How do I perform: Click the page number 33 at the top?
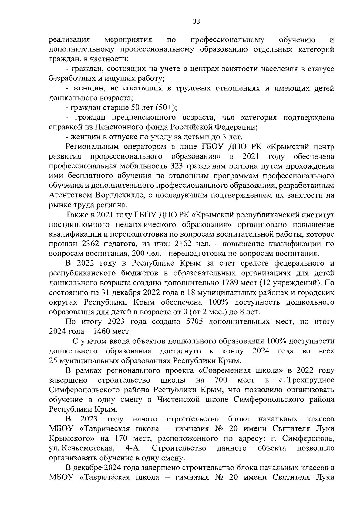(196, 21)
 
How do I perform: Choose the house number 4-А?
(132, 448)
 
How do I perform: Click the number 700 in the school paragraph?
(221, 380)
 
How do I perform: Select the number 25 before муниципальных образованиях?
(53, 360)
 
